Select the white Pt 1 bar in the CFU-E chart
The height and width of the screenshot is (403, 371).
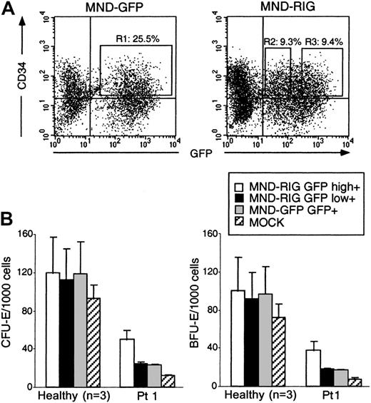click(x=126, y=363)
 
